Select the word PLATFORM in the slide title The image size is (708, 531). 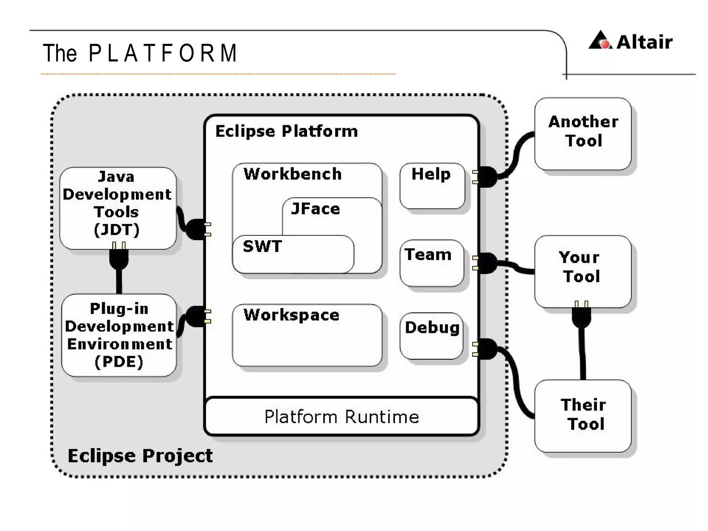[x=162, y=54]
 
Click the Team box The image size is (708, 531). [x=431, y=263]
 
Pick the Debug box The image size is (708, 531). [x=431, y=336]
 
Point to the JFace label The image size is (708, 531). [x=316, y=209]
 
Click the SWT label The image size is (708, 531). [x=262, y=246]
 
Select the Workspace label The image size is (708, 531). [x=291, y=315]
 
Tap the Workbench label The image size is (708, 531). [x=292, y=174]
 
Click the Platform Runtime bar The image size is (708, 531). [x=342, y=417]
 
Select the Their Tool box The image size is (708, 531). [x=583, y=415]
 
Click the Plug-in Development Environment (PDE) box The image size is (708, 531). [x=119, y=335]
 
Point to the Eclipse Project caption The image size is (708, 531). [x=140, y=456]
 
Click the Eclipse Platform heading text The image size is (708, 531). [x=286, y=131]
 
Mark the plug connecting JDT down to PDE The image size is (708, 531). [x=119, y=258]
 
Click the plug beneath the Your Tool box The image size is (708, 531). [x=581, y=316]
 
